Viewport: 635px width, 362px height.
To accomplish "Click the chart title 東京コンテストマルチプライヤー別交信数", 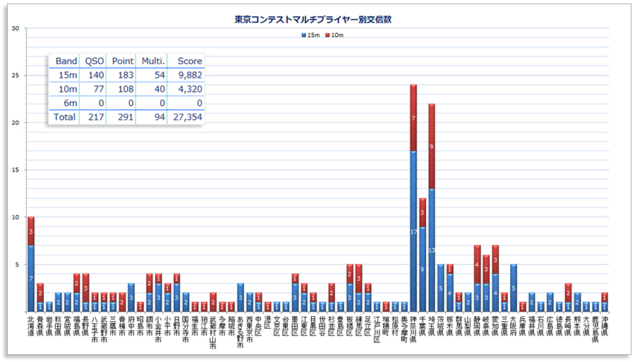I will [x=313, y=20].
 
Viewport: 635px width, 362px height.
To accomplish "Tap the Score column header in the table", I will [x=190, y=61].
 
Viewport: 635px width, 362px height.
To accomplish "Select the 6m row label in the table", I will [x=68, y=103].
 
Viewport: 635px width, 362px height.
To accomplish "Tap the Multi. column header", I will [x=152, y=61].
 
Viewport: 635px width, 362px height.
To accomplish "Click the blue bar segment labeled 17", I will [x=413, y=231].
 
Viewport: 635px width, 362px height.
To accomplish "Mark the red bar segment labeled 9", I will [x=431, y=146].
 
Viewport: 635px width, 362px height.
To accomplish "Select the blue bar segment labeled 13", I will [x=431, y=250].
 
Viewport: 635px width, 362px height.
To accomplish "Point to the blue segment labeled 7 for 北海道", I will [x=30, y=278].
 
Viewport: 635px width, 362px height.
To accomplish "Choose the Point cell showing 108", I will [x=123, y=89].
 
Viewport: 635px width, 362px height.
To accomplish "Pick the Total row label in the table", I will [x=64, y=117].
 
